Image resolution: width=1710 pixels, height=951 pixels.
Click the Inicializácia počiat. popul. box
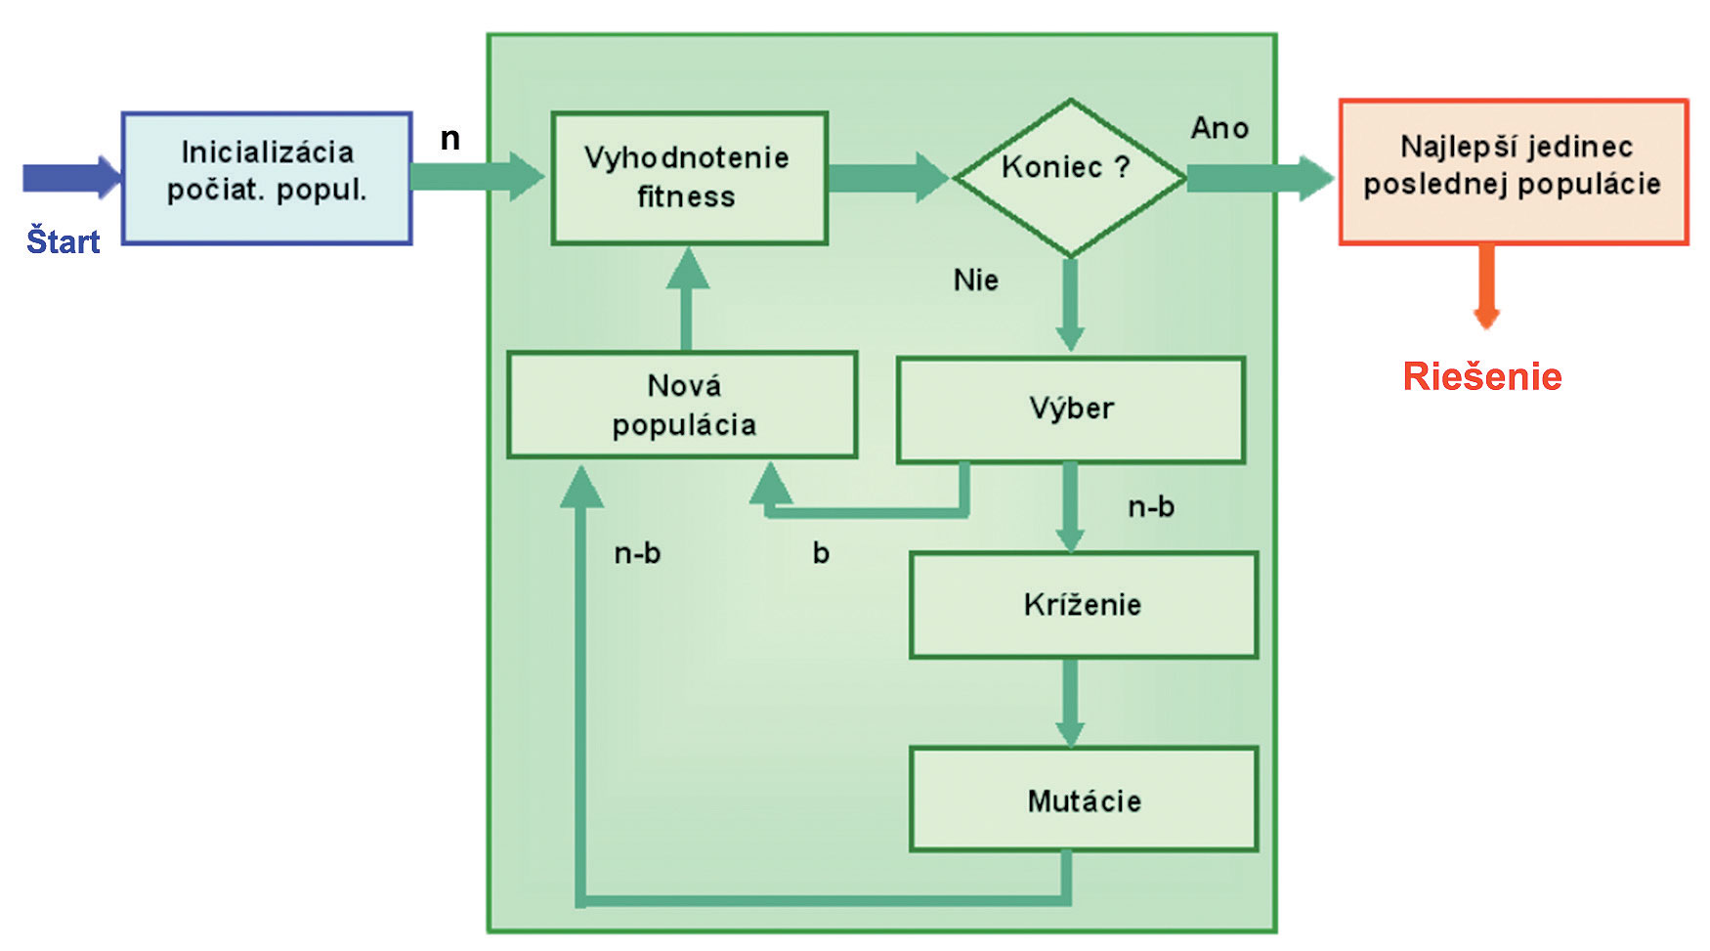266,178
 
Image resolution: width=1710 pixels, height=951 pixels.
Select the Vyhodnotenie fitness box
689,178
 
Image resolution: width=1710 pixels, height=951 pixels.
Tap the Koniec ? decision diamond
1069,177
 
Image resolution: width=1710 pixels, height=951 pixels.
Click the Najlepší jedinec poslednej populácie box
1513,172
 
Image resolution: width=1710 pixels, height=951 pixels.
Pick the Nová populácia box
682,405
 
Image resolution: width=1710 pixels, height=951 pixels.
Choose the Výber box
1070,410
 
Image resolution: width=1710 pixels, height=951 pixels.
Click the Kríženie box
1083,605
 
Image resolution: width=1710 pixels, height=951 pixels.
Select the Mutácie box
1083,800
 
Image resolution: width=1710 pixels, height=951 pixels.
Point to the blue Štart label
64,241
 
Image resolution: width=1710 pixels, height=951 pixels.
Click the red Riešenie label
1482,377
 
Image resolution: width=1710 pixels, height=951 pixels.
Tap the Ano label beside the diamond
1219,128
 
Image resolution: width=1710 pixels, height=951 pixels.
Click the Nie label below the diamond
975,281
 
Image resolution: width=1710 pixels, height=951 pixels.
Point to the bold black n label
449,139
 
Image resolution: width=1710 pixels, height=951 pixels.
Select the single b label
821,553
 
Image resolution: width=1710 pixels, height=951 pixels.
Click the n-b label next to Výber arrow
1151,507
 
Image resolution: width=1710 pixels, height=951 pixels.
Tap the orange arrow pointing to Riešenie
1486,285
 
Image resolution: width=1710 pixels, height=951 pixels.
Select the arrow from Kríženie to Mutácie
1070,702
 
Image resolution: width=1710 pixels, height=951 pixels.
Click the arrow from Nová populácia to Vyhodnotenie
687,298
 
